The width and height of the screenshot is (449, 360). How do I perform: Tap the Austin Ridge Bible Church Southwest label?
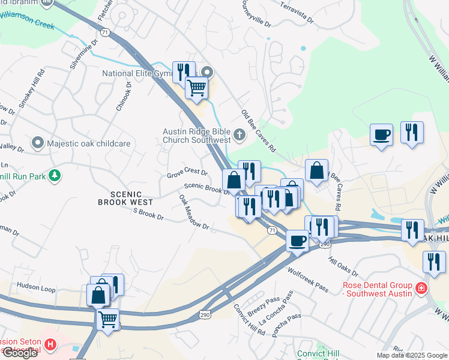point(197,136)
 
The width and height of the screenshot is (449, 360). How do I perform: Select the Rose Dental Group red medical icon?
point(421,289)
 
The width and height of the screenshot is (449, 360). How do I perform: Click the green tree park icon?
point(55,175)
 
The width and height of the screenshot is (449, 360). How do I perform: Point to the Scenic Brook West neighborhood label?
point(120,198)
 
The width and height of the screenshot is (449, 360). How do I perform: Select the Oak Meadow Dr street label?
point(193,212)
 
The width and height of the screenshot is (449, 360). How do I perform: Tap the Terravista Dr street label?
point(297,11)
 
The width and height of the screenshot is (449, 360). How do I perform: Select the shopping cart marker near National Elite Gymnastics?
point(196,88)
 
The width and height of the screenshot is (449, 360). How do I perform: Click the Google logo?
point(19,353)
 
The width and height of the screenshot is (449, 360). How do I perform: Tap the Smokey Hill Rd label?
point(32,91)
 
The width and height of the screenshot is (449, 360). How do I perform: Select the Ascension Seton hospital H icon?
point(50,346)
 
